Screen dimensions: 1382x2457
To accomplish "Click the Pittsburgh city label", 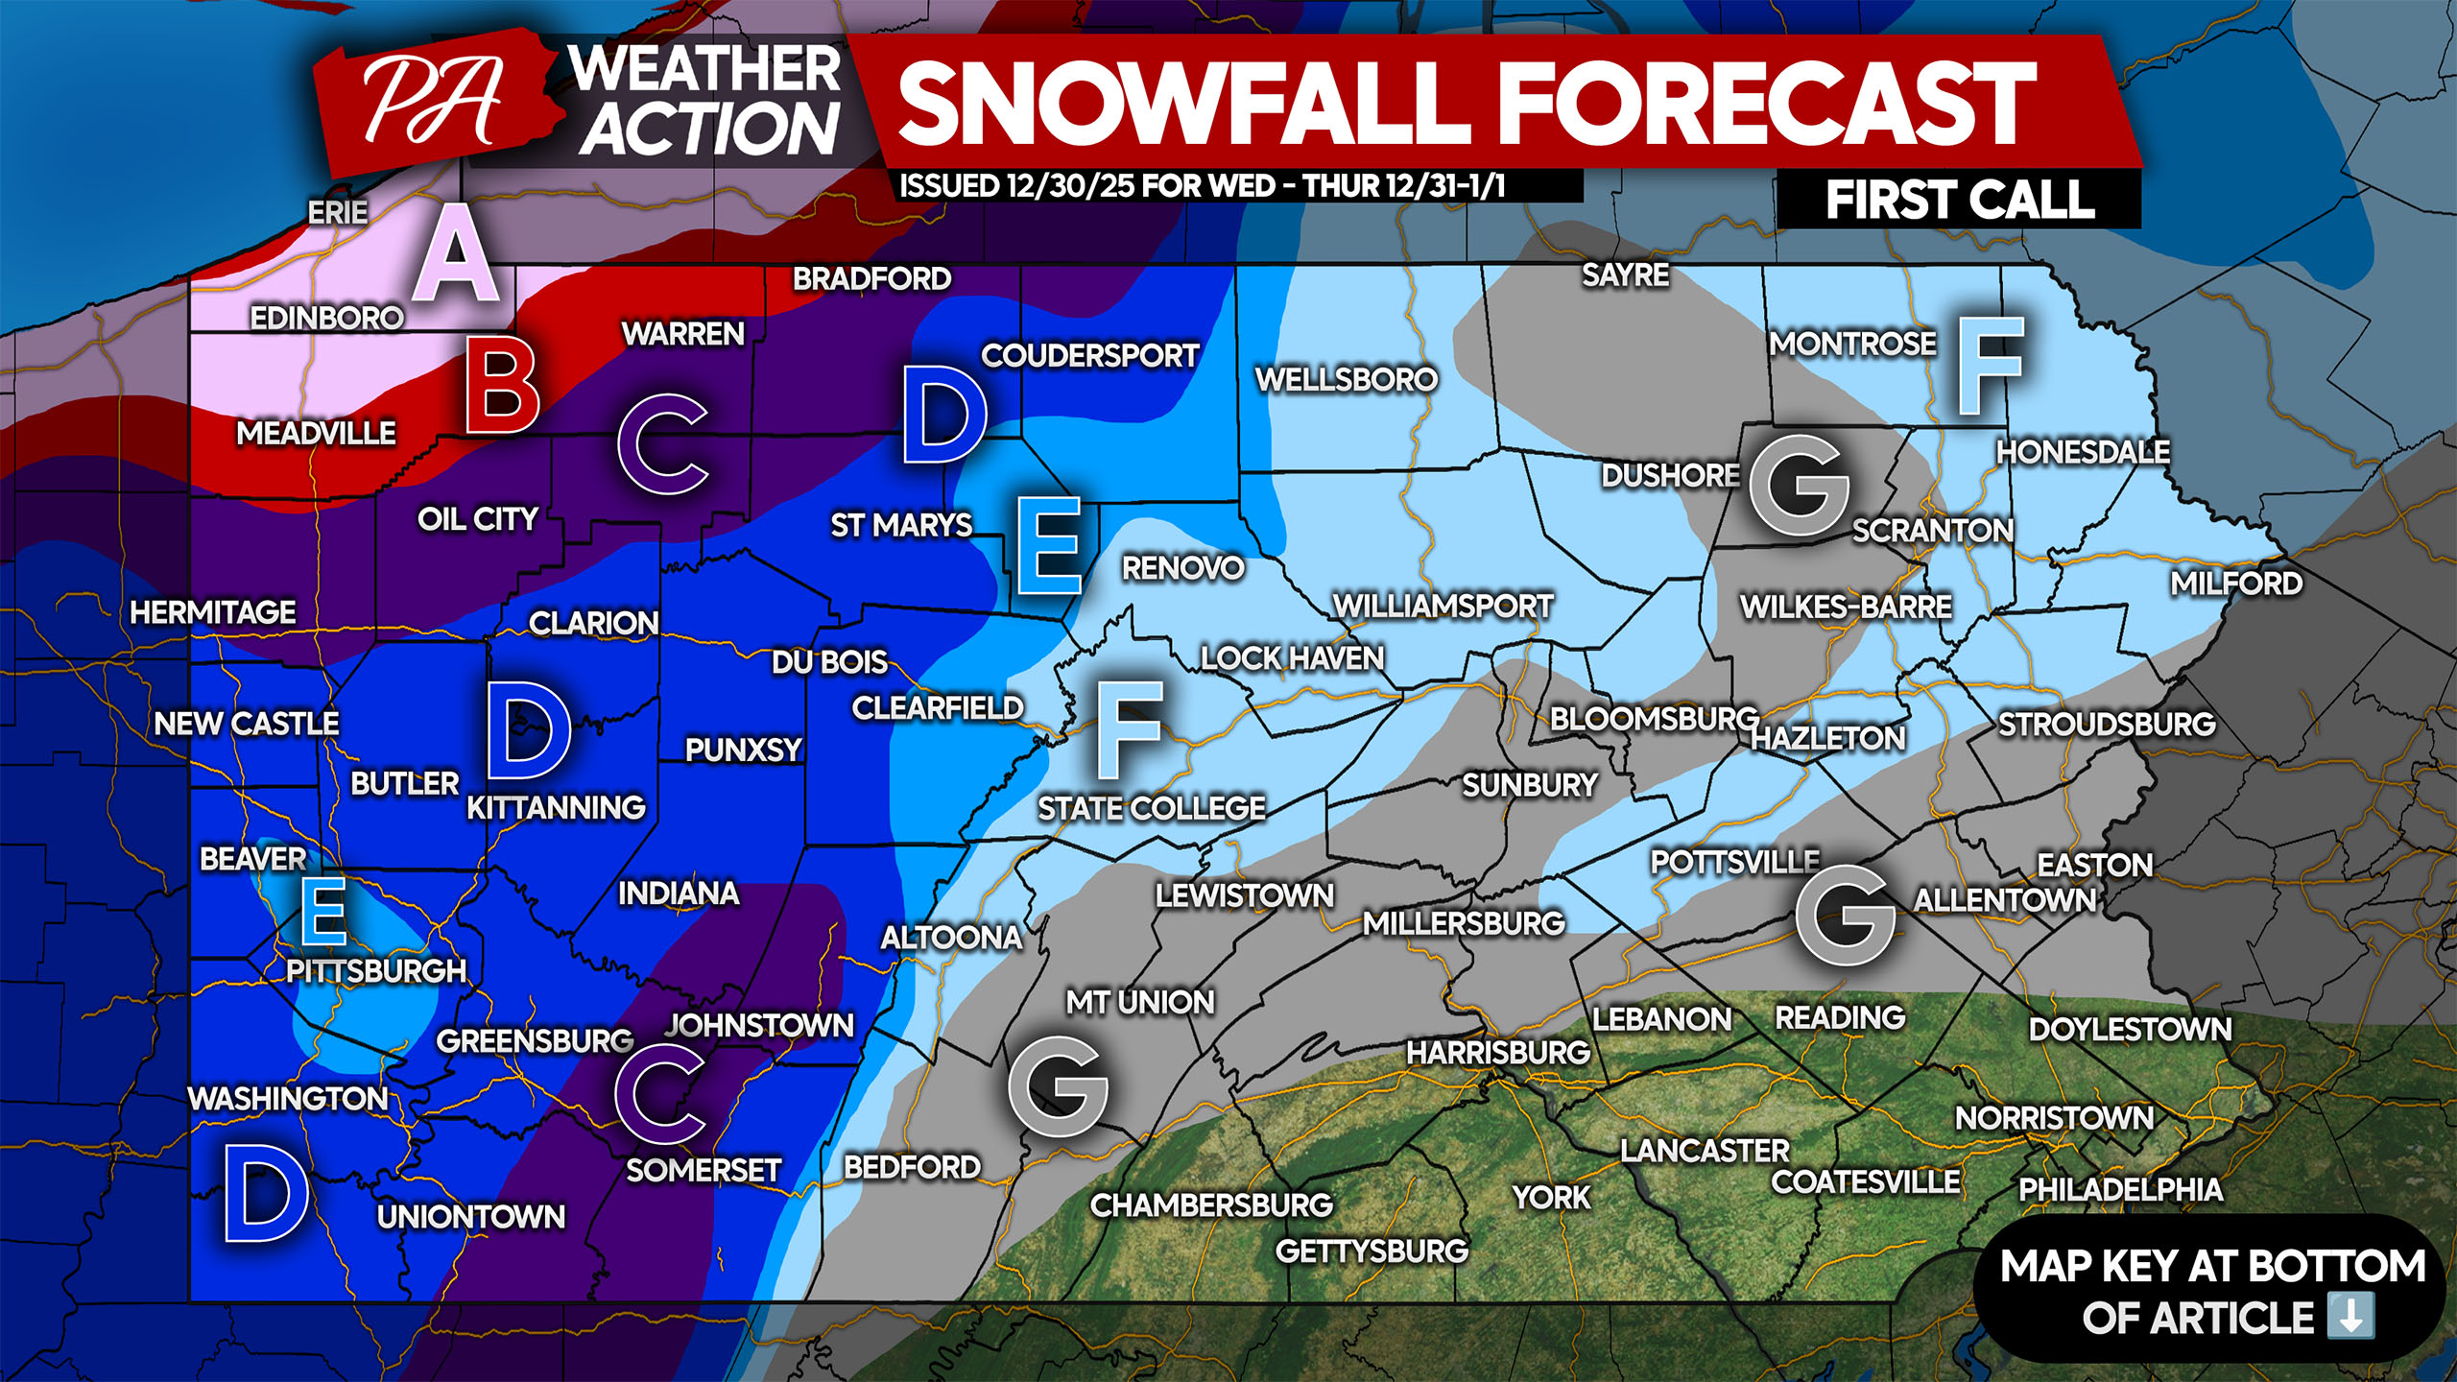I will tap(376, 970).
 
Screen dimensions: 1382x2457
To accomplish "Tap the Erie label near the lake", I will tap(337, 212).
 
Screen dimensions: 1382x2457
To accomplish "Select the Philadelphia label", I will tap(2120, 1190).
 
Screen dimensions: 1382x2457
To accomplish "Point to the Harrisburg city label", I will tap(1498, 1053).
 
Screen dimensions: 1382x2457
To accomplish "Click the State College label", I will tap(1152, 808).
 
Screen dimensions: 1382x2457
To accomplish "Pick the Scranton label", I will tap(1932, 530).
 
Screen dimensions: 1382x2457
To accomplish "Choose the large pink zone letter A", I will tap(456, 254).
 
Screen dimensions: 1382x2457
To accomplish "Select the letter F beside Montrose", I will tap(1989, 367).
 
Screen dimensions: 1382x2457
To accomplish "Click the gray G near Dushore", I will tap(1799, 486).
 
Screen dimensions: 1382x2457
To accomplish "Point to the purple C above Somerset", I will tap(660, 1095).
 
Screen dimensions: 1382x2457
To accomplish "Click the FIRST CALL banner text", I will tap(1959, 201).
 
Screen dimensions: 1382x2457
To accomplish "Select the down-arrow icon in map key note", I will tap(2350, 1316).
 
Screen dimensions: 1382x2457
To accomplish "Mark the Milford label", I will tap(2236, 583).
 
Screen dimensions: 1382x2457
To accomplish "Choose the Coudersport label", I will tap(1089, 355).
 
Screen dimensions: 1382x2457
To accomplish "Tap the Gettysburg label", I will tap(1372, 1251).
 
